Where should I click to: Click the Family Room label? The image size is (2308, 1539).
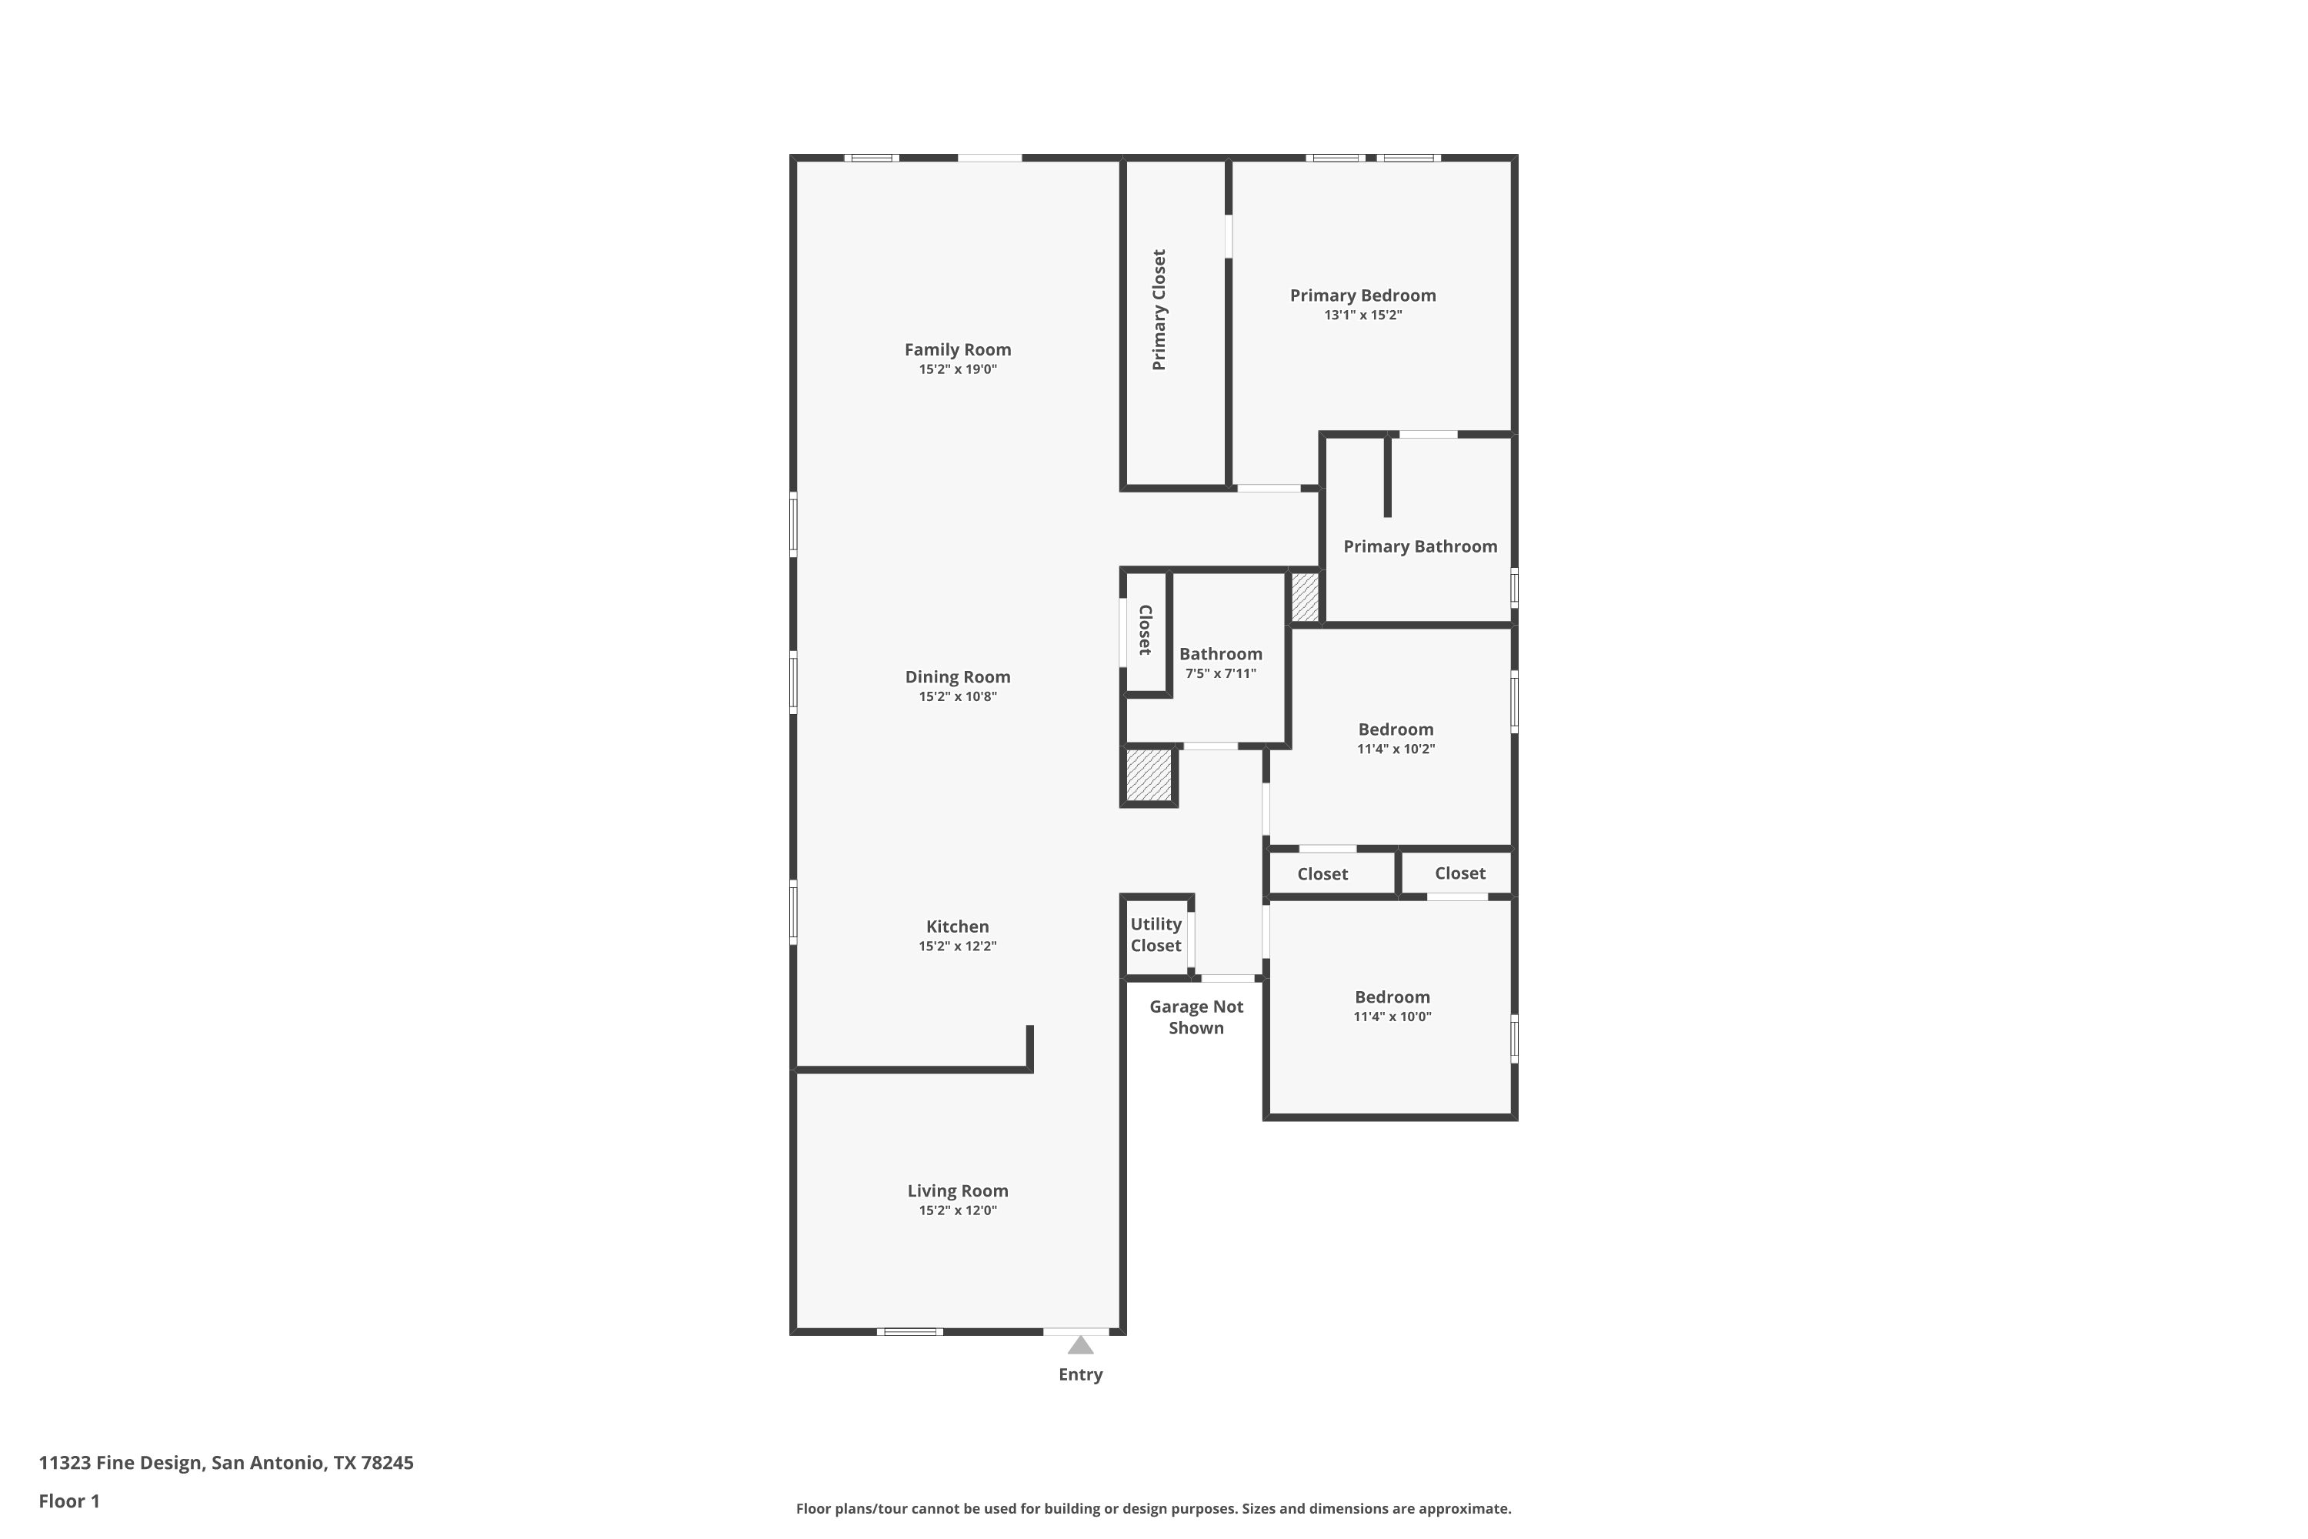pyautogui.click(x=957, y=349)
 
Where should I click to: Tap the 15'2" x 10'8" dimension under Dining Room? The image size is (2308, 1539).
pyautogui.click(x=957, y=697)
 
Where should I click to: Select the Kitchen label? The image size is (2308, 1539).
pyautogui.click(x=957, y=926)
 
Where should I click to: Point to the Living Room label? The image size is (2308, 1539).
pyautogui.click(x=957, y=1191)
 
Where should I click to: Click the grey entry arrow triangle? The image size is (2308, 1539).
pyautogui.click(x=1080, y=1344)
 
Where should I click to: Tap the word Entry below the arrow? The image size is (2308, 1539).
pyautogui.click(x=1080, y=1375)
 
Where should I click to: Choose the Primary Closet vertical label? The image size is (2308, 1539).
pyautogui.click(x=1159, y=309)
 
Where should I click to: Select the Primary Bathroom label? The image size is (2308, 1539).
pyautogui.click(x=1420, y=546)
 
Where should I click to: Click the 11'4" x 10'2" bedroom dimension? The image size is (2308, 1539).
pyautogui.click(x=1396, y=749)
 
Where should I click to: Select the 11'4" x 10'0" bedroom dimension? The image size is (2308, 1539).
pyautogui.click(x=1392, y=1017)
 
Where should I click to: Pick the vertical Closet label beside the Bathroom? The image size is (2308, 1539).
pyautogui.click(x=1144, y=630)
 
